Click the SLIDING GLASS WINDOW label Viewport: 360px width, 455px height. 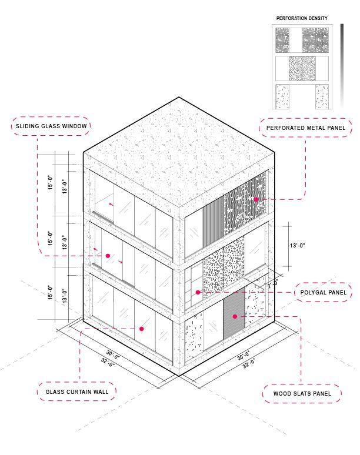(x=51, y=126)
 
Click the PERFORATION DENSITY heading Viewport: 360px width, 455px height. (x=302, y=19)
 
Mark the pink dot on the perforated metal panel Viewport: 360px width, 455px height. (x=256, y=200)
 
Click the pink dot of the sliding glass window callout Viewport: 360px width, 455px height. (x=108, y=256)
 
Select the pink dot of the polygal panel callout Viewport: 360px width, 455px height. (x=198, y=292)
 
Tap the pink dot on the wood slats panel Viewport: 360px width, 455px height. (x=235, y=316)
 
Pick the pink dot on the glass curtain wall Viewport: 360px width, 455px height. (x=142, y=329)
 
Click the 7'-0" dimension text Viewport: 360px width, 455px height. (x=273, y=284)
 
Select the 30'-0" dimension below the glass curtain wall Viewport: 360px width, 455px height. (x=113, y=355)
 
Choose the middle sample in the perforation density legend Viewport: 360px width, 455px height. (x=302, y=68)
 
